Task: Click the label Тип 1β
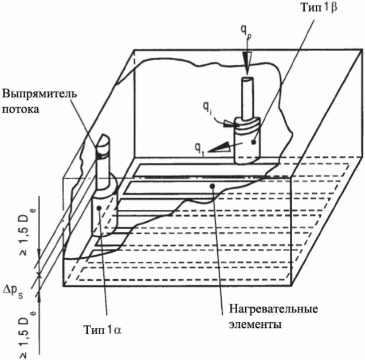(x=319, y=8)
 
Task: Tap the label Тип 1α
(x=103, y=330)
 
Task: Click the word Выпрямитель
(x=40, y=95)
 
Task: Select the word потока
(x=21, y=109)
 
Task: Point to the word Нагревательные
(x=273, y=310)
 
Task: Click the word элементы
(x=255, y=324)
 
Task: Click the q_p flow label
(x=246, y=33)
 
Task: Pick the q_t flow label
(x=199, y=148)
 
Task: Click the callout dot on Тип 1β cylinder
(x=253, y=142)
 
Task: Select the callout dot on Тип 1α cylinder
(x=99, y=208)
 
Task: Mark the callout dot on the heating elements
(x=212, y=186)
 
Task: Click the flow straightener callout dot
(x=99, y=156)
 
